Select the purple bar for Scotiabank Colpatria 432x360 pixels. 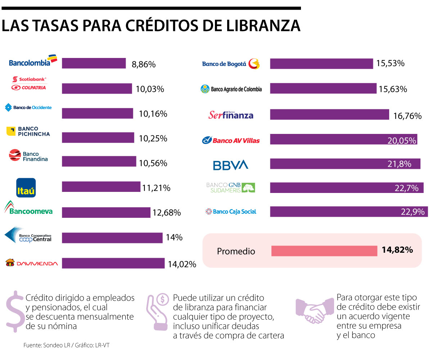[97, 89]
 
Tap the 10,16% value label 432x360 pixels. [153, 114]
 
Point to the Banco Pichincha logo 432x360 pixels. [28, 131]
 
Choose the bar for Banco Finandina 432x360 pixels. [99, 161]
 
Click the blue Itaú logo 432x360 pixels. [26, 188]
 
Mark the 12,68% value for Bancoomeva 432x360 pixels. [166, 213]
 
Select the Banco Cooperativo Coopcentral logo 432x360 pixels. [28, 235]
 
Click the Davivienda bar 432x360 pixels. [113, 263]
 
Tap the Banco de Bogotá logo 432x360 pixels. [230, 64]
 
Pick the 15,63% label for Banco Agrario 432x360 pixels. [393, 89]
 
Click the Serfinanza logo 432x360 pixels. [231, 115]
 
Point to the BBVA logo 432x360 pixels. [230, 165]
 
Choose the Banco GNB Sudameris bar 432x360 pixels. [347, 188]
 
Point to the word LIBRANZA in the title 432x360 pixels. [255, 26]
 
